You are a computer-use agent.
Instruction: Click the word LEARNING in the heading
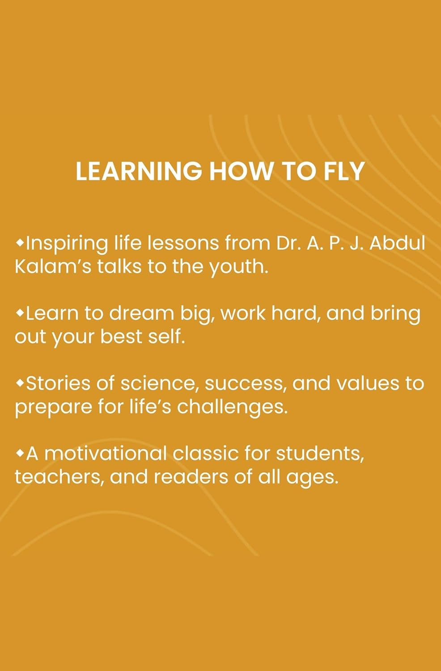139,171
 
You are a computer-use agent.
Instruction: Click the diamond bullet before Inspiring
20,243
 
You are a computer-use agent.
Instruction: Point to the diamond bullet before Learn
20,313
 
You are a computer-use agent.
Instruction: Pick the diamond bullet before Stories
20,383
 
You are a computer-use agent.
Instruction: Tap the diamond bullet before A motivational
20,453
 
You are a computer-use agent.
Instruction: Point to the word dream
141,313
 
